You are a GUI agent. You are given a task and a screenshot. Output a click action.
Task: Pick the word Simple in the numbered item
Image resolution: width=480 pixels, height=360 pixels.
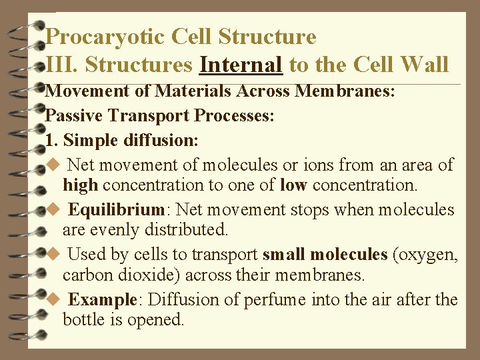pyautogui.click(x=91, y=141)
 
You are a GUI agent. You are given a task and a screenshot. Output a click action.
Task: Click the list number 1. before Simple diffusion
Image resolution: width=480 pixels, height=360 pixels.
pyautogui.click(x=53, y=141)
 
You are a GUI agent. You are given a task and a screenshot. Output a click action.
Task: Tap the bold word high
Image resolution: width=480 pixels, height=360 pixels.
pyautogui.click(x=80, y=185)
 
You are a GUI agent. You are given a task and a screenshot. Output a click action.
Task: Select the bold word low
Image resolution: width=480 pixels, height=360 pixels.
pyautogui.click(x=293, y=185)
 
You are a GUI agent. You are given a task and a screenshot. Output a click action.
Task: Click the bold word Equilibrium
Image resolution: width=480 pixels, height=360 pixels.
pyautogui.click(x=117, y=209)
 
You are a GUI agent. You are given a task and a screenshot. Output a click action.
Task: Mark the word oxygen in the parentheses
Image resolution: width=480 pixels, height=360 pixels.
pyautogui.click(x=431, y=254)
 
